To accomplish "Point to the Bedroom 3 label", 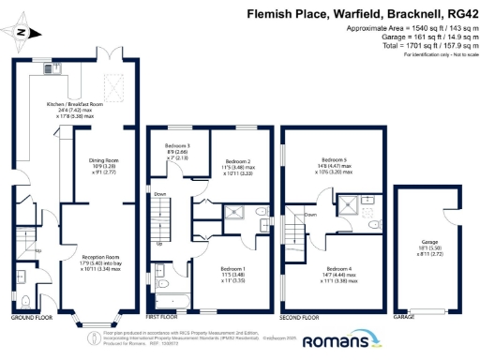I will tap(178, 147).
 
